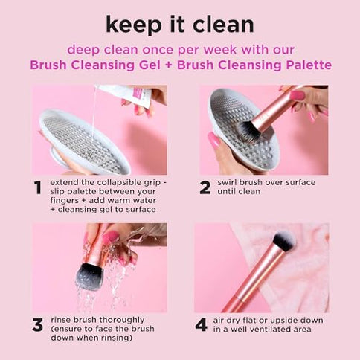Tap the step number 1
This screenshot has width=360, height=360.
tap(37, 187)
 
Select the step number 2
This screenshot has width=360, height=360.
tap(205, 187)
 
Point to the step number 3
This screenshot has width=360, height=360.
tap(37, 324)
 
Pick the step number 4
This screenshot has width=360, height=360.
tap(201, 324)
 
